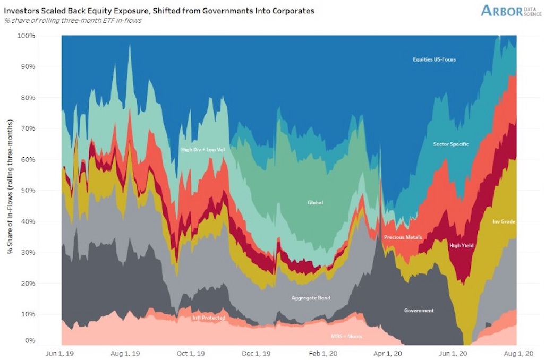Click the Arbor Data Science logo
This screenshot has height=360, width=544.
point(511,11)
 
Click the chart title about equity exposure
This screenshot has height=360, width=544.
point(159,11)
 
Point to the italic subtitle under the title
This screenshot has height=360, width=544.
point(73,21)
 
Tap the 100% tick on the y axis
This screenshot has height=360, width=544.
point(26,36)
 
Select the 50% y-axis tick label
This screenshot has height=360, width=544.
point(28,191)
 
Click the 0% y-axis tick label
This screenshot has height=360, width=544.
point(30,340)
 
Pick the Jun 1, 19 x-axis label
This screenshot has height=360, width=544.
point(59,354)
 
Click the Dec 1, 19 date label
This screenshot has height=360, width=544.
point(256,354)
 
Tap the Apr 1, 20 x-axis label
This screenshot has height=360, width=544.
point(387,354)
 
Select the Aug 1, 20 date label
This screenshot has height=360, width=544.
point(518,354)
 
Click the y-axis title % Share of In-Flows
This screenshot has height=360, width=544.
point(10,186)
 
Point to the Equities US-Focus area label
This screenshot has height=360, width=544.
point(435,59)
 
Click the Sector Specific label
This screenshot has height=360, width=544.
point(451,144)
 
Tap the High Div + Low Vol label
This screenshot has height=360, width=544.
point(203,150)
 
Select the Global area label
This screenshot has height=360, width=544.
point(316,202)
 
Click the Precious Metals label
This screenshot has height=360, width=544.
point(403,237)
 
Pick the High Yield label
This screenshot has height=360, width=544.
point(462,245)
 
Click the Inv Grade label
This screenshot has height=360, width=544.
point(504,221)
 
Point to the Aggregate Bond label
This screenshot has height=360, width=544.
point(311,297)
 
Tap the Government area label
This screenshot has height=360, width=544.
point(419,311)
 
